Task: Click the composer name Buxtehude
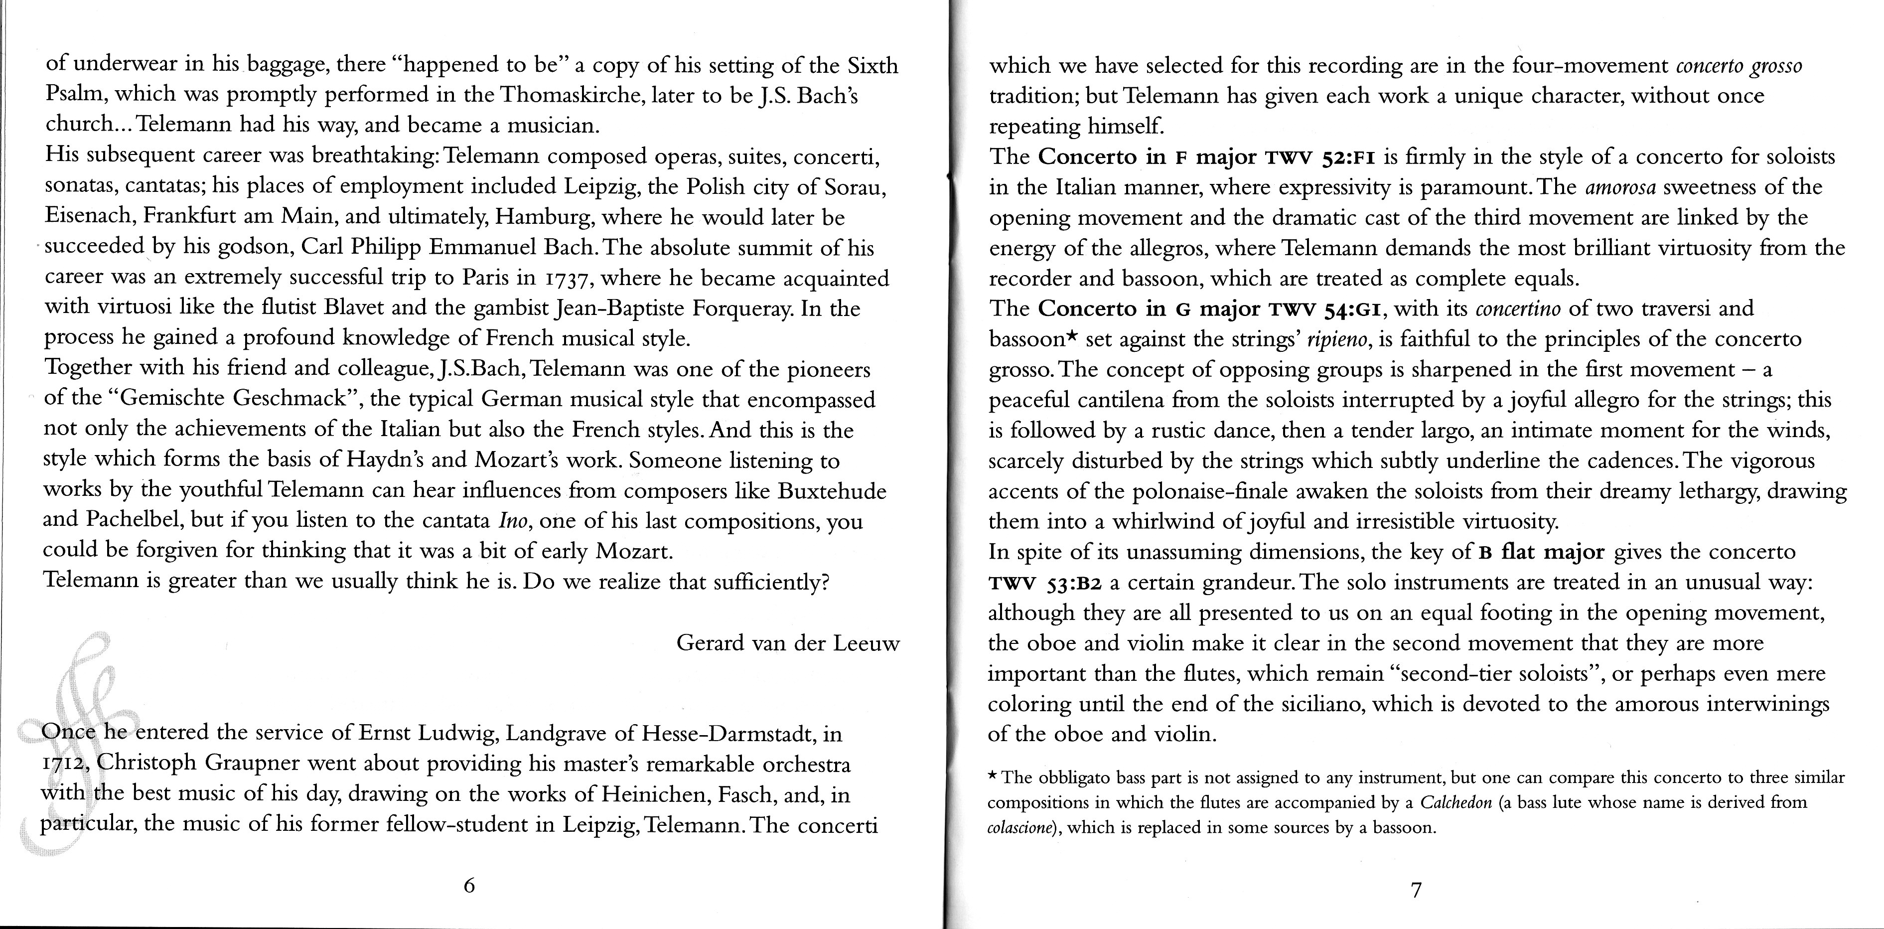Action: [x=832, y=491]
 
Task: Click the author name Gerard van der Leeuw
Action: [x=788, y=643]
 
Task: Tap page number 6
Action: [x=469, y=886]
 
